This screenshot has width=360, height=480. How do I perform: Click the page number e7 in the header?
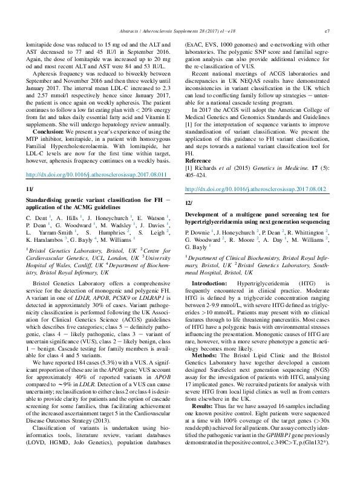(327, 30)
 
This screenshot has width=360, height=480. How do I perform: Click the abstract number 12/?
(188, 203)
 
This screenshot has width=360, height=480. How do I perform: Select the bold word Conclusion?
(50, 131)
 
